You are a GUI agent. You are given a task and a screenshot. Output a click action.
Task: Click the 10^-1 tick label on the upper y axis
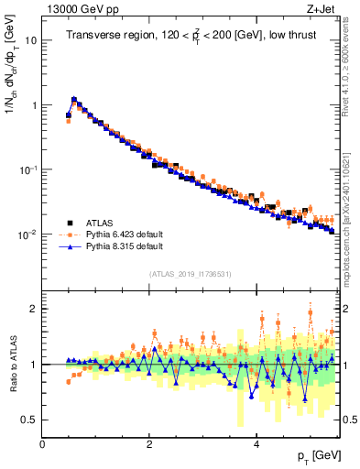tap(27, 169)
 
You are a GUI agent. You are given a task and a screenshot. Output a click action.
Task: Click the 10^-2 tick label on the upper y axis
tap(27, 234)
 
